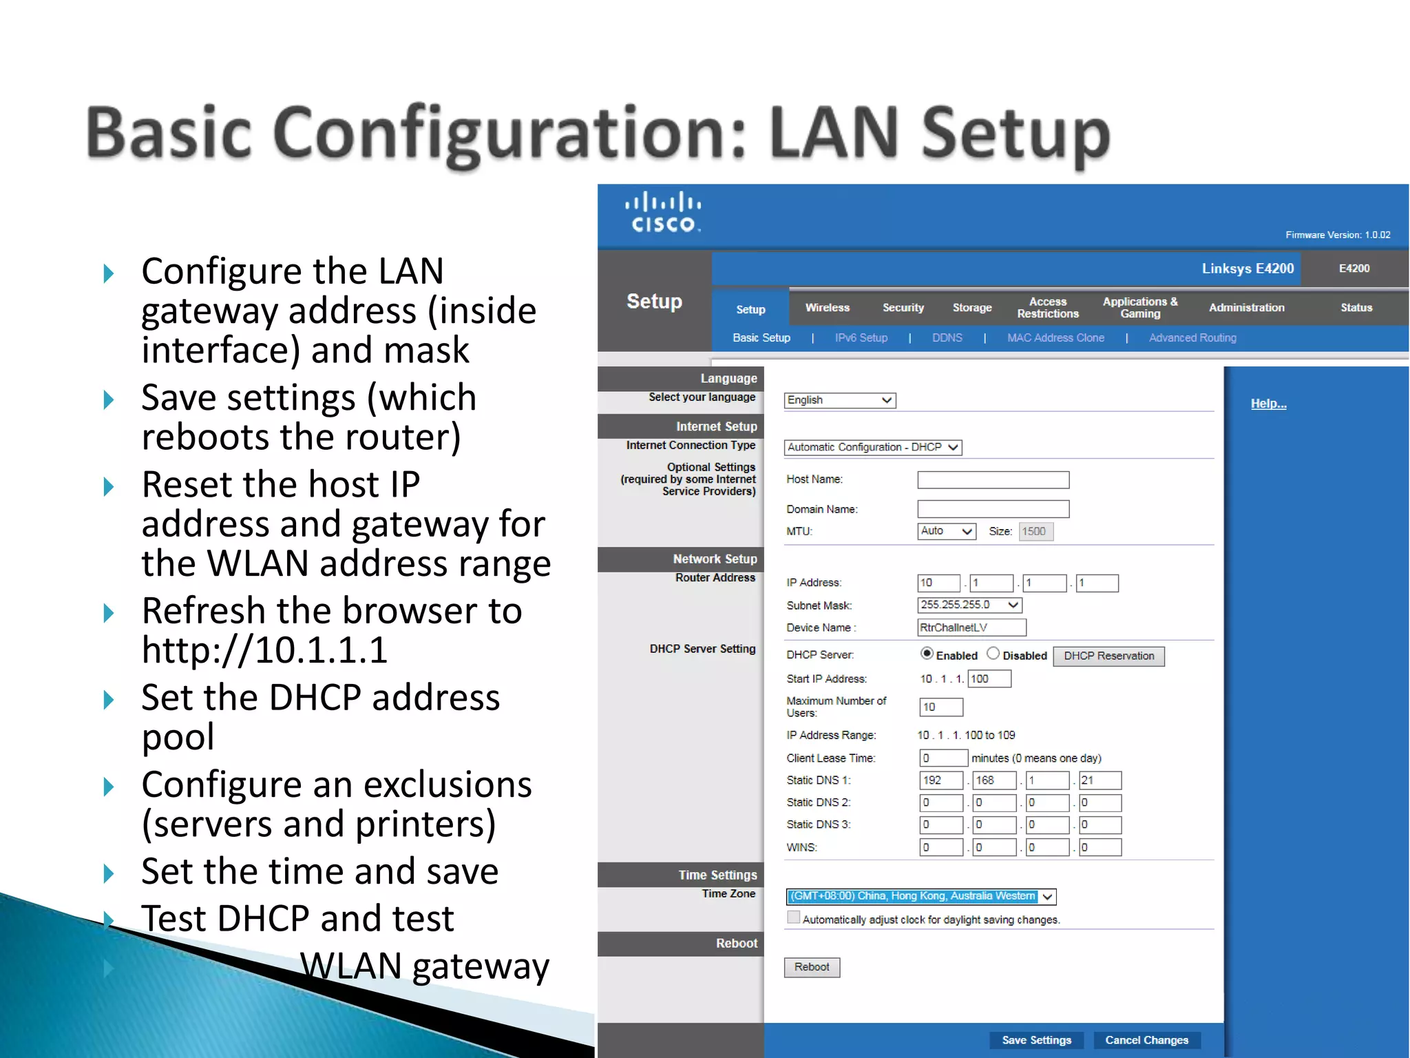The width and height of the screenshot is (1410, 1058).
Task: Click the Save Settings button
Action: (1036, 1039)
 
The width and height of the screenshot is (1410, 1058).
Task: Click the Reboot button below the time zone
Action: (812, 967)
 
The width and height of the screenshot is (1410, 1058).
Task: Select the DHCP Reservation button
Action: (1108, 656)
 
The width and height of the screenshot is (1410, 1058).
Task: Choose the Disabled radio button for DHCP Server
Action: (993, 654)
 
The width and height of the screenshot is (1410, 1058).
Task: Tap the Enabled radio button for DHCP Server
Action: (927, 654)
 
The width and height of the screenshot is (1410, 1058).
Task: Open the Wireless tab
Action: (828, 308)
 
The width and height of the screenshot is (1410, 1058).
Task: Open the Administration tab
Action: (1246, 308)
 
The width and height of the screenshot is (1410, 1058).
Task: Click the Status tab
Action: (1356, 308)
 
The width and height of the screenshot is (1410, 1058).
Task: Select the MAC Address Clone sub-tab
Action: (1055, 338)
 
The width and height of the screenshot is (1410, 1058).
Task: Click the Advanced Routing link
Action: (1192, 338)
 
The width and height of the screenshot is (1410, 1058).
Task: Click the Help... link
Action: (1268, 404)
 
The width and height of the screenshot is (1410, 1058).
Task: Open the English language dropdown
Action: (840, 400)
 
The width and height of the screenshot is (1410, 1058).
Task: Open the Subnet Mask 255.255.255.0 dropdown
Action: (969, 605)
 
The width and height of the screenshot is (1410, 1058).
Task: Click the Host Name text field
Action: (993, 480)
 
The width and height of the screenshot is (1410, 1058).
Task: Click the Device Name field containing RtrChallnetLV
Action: (971, 627)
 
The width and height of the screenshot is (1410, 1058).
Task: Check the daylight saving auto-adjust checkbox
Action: (794, 917)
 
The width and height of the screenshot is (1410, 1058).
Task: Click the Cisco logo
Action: (663, 212)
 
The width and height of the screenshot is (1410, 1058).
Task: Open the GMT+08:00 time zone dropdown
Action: (920, 896)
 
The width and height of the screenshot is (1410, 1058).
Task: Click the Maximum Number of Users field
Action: (940, 707)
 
